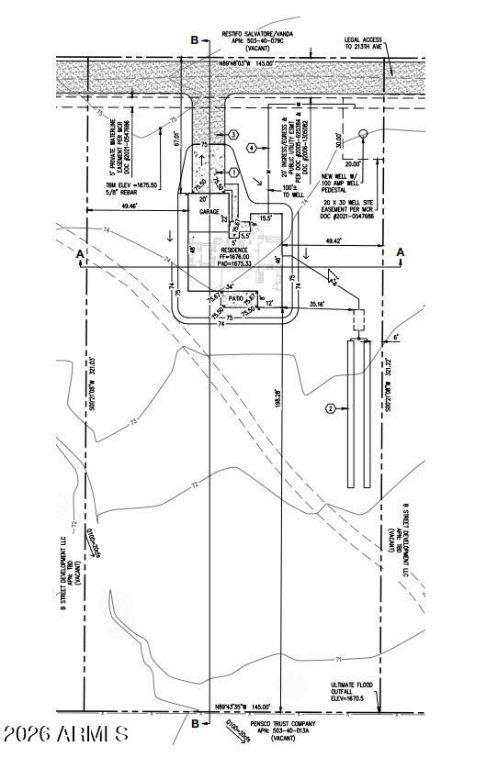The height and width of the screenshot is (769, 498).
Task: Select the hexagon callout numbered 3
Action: point(234,134)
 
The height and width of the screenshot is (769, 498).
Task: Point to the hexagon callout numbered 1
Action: point(234,173)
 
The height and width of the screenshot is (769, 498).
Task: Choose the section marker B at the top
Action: point(194,39)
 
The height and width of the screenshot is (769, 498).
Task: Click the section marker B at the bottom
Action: point(195,723)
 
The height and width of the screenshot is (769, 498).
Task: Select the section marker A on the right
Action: point(401,251)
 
